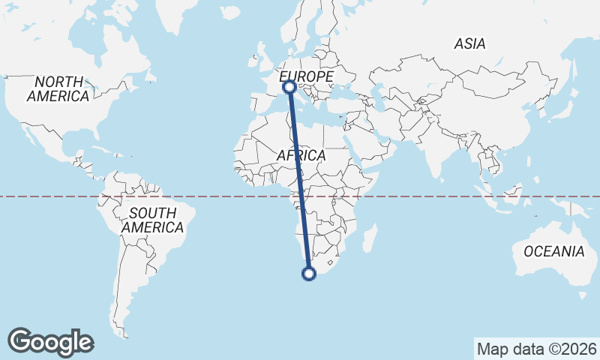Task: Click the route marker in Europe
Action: (x=289, y=88)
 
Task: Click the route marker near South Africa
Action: (x=308, y=274)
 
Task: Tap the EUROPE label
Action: (x=306, y=77)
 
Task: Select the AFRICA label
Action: (x=301, y=155)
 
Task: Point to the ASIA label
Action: (x=469, y=43)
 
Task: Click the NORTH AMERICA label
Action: (x=58, y=88)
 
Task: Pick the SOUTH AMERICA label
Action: (x=152, y=220)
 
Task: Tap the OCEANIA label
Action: (x=553, y=251)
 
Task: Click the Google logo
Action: (x=50, y=342)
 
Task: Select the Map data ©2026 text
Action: (x=536, y=349)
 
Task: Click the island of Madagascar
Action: (x=369, y=238)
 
